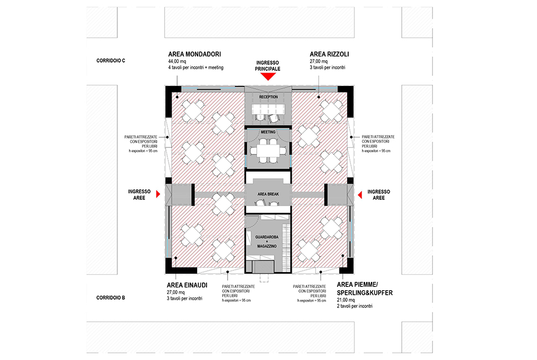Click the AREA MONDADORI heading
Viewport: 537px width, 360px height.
coord(194,54)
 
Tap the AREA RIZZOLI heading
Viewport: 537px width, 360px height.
coord(329,54)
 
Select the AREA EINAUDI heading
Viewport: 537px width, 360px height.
coord(187,285)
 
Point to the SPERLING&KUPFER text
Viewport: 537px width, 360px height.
coord(365,293)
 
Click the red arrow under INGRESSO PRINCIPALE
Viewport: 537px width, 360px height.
coord(268,76)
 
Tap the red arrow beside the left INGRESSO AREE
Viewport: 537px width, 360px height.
coord(158,194)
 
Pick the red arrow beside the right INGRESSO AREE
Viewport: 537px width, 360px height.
coord(360,195)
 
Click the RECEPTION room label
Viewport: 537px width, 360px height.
coord(268,97)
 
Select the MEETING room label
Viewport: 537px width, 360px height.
coord(268,132)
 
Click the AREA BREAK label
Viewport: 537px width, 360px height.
coord(268,194)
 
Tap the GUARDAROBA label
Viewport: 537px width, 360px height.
coord(267,237)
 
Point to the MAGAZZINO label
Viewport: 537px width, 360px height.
coord(267,246)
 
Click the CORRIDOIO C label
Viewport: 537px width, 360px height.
coord(111,60)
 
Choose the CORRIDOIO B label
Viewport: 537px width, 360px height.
coord(111,297)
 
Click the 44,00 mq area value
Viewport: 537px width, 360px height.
coord(177,61)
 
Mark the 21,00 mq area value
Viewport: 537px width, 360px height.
coord(346,300)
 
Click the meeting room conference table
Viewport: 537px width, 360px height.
coord(268,151)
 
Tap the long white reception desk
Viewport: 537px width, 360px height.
coord(268,109)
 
